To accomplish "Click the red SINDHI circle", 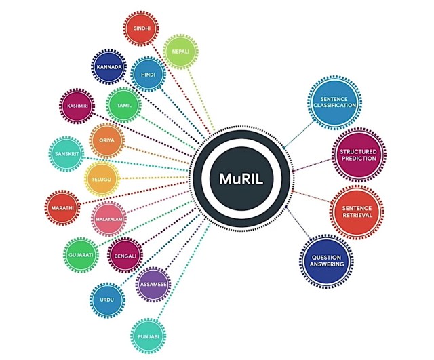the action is (x=141, y=28).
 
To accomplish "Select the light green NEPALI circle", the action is (x=180, y=52).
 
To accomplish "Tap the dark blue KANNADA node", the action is (x=108, y=67).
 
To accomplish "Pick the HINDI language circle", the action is (x=148, y=75).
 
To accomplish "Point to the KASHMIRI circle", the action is (x=77, y=106).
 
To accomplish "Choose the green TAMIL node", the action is (x=123, y=106).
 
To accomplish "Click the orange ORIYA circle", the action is (x=107, y=140).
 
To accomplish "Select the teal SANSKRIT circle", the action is (x=66, y=154).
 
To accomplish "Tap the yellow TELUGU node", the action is (x=102, y=179).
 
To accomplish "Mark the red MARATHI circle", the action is (x=62, y=208).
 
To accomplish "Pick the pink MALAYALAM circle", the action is (x=108, y=219).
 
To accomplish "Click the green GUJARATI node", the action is (x=81, y=255).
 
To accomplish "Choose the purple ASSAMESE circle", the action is (x=153, y=285).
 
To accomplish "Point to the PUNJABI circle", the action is (x=149, y=336).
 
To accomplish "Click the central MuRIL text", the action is (x=241, y=179).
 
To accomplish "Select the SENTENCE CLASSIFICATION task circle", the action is (x=334, y=102).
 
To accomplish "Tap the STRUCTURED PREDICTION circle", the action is (x=359, y=155).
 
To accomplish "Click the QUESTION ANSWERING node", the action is (x=327, y=261).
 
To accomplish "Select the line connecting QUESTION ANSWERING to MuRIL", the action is (x=298, y=223).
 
